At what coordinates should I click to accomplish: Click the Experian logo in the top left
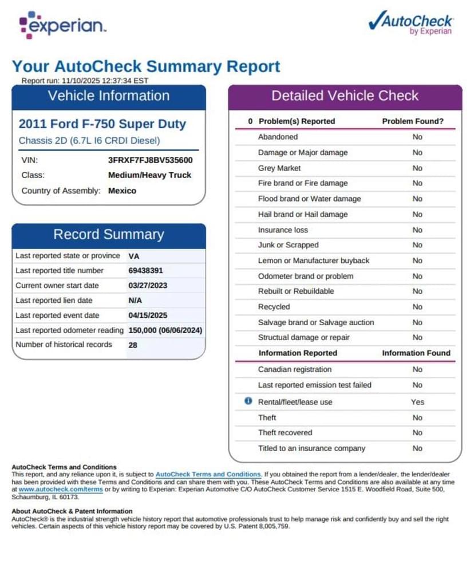tap(62, 25)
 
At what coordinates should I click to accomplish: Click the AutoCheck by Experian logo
tap(411, 23)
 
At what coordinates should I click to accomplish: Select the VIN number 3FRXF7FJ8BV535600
tap(150, 160)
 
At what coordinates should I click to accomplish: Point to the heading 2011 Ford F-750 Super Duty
tap(102, 124)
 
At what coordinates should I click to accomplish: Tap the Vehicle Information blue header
tap(109, 96)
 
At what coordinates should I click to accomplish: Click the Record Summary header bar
tap(109, 234)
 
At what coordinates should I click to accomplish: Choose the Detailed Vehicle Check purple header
tap(345, 96)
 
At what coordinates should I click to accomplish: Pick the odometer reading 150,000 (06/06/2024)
tap(165, 330)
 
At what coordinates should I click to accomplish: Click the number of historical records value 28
tap(133, 345)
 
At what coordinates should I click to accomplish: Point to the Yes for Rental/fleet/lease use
tap(417, 402)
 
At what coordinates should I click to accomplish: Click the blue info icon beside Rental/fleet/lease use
tap(248, 401)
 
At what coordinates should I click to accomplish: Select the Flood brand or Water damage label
tap(309, 199)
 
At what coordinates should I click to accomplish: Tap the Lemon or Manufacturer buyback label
tap(314, 261)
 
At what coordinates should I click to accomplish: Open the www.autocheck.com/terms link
tap(61, 490)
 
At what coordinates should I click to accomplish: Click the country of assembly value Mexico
tap(122, 191)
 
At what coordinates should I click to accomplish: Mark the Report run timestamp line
tap(85, 81)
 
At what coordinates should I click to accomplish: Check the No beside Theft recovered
tap(417, 433)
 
